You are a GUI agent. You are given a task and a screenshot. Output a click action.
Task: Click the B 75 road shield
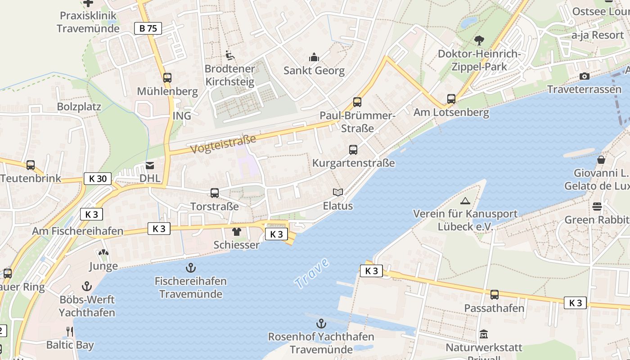(148, 28)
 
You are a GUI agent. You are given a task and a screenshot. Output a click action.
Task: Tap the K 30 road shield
(98, 179)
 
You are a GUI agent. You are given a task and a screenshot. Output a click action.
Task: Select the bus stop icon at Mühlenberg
(167, 77)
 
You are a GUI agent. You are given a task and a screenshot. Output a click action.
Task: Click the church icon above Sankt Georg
(314, 57)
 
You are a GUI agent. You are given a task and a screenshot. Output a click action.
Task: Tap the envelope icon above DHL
(150, 165)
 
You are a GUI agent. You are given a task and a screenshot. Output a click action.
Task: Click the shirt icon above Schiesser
(236, 232)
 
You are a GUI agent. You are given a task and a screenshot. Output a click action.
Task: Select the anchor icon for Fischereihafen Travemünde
(191, 268)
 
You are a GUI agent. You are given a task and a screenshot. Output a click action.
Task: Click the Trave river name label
(312, 274)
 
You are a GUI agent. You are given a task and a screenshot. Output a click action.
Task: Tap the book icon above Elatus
(338, 192)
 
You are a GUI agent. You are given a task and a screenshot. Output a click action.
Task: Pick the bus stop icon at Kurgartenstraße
(353, 149)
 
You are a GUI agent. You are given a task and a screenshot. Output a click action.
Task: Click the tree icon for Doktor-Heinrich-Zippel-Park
(479, 40)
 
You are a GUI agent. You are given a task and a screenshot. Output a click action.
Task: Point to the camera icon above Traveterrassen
(585, 76)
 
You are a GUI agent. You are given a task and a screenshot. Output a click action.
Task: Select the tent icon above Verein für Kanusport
(465, 201)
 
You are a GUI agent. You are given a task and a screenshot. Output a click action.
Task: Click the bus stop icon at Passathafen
(494, 295)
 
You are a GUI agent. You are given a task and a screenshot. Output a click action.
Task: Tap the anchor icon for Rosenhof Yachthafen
(321, 323)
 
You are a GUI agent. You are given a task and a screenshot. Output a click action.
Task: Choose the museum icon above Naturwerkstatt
(484, 334)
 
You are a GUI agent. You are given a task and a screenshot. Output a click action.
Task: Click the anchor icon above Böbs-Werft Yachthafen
(87, 286)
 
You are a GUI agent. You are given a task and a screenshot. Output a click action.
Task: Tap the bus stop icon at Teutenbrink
(31, 165)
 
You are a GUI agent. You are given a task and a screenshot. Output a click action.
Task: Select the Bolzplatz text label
(79, 107)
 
